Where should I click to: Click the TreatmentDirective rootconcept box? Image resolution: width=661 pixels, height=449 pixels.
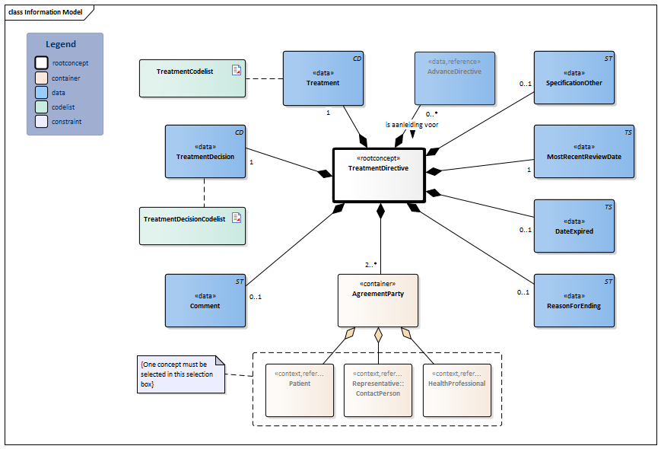(378, 174)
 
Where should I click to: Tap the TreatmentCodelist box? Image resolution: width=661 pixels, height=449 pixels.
(192, 77)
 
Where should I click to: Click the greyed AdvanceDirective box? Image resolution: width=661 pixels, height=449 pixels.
(454, 78)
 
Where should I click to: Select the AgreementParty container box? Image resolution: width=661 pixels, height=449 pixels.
(378, 300)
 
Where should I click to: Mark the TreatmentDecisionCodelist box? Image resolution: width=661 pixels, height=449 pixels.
(192, 225)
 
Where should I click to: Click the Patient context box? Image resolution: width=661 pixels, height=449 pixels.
(300, 390)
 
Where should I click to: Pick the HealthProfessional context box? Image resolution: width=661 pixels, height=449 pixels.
(456, 390)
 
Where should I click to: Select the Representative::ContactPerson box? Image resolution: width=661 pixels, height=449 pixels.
(378, 390)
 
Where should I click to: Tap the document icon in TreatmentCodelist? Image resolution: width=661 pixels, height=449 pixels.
(237, 71)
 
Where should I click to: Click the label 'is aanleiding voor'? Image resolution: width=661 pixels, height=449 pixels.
(413, 124)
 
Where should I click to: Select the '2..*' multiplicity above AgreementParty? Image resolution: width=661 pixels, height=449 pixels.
(370, 264)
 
